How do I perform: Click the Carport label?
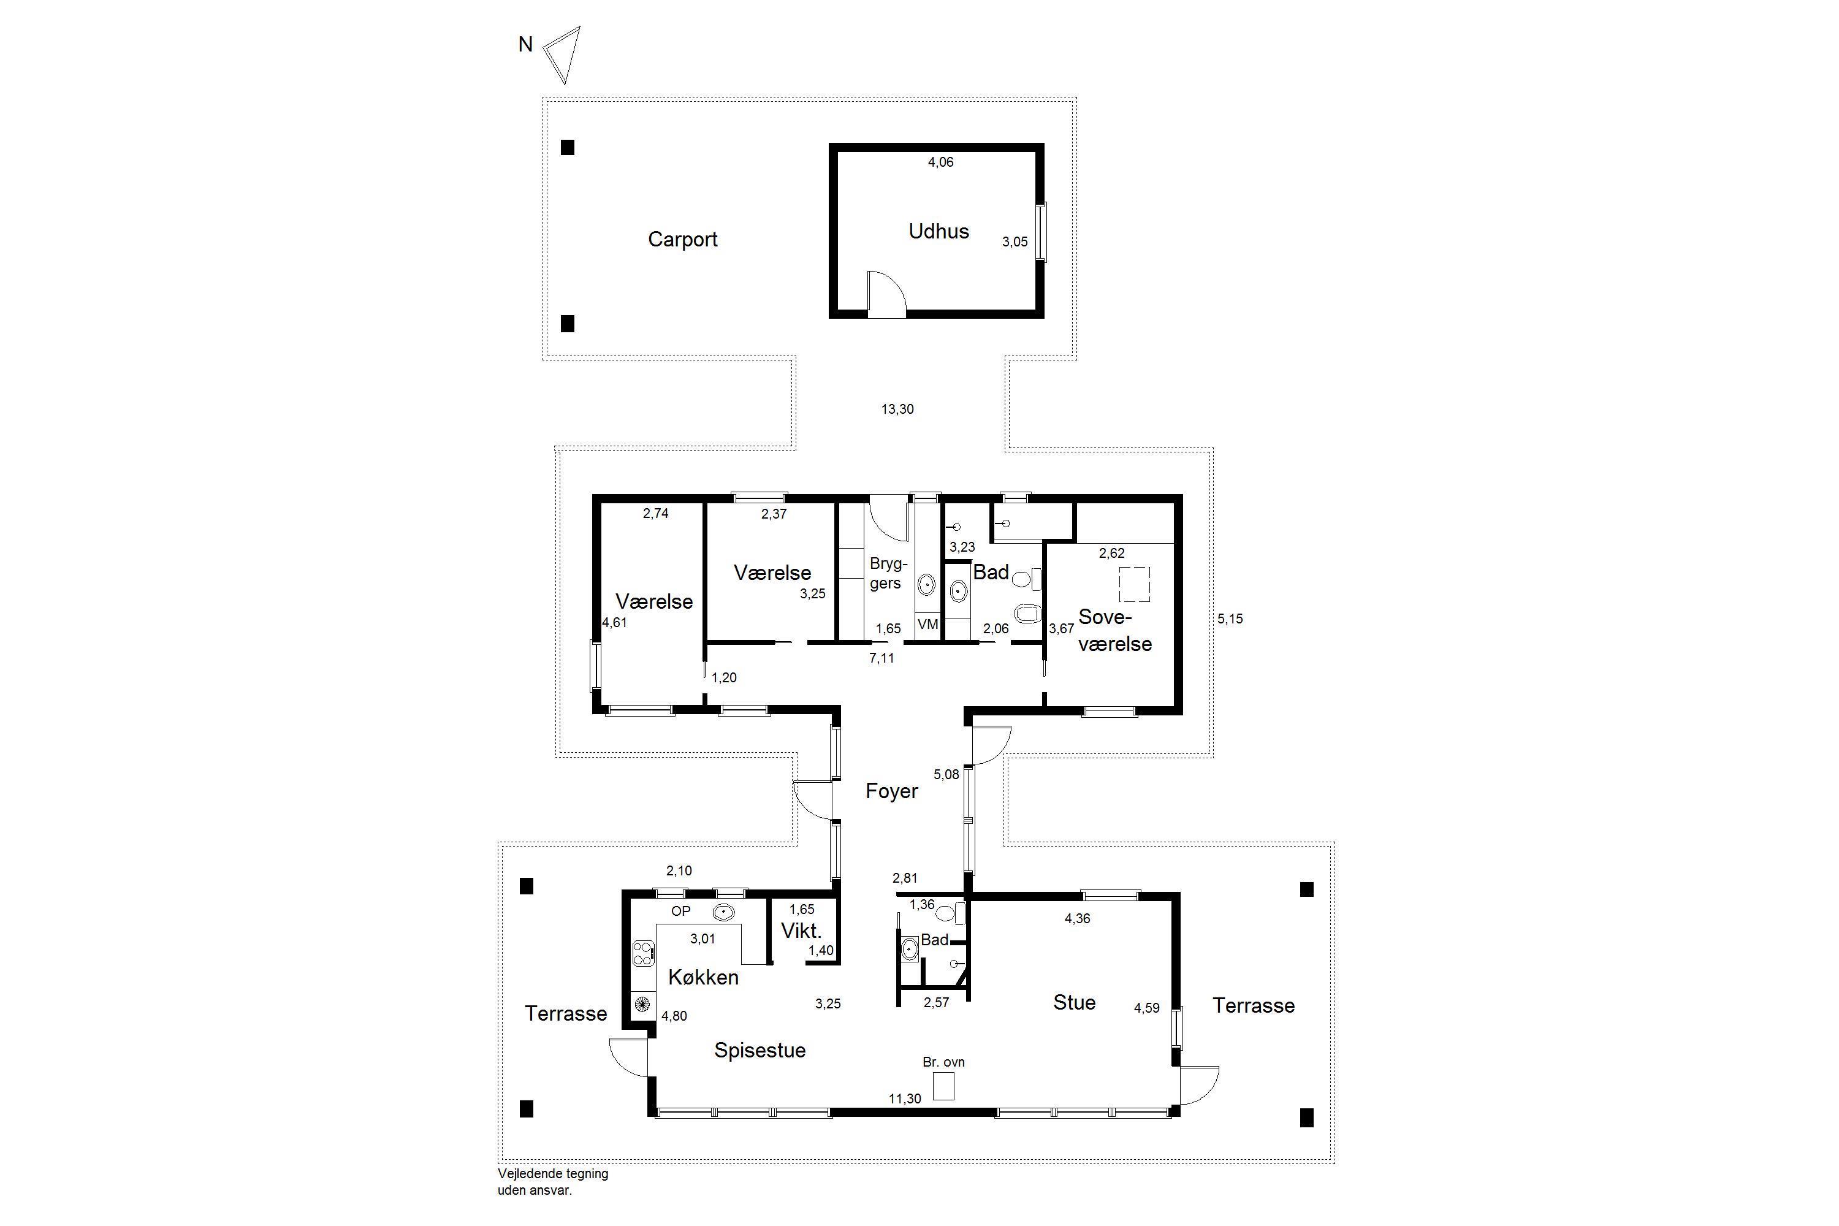point(683,239)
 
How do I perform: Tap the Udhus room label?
point(939,232)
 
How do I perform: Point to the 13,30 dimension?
point(897,409)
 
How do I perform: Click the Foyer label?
point(891,791)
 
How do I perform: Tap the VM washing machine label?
point(928,624)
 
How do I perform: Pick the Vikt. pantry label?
point(801,931)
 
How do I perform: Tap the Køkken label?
point(703,977)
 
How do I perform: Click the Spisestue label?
point(760,1050)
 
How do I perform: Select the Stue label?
point(1075,1002)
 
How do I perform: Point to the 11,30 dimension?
point(905,1098)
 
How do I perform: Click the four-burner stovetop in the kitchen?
point(642,953)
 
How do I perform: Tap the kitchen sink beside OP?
point(723,912)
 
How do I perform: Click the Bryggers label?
point(888,573)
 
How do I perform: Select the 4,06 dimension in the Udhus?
point(940,162)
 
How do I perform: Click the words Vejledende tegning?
point(553,1174)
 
